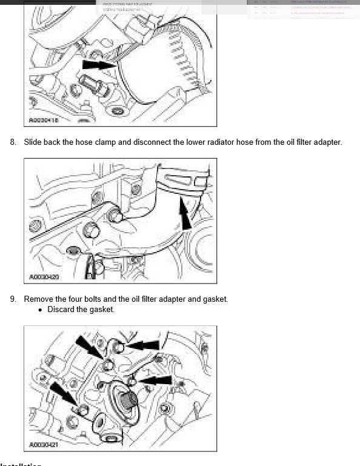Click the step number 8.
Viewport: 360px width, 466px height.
tap(13, 142)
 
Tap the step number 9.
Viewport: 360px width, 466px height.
tap(13, 299)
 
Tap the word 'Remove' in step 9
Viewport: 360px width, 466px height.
tap(39, 299)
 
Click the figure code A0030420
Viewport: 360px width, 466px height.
tap(44, 277)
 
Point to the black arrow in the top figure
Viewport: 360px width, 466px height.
tap(98, 63)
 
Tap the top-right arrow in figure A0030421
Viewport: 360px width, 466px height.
tap(144, 345)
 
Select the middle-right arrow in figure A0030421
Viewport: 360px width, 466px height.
tap(154, 380)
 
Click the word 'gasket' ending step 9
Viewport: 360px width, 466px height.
tap(214, 299)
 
